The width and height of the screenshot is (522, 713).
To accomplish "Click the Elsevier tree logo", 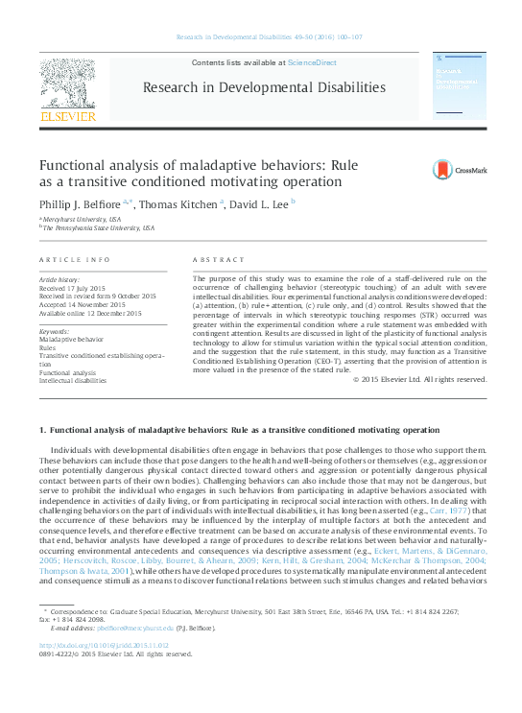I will coord(67,83).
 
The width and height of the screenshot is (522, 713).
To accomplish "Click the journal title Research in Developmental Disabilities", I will coord(264,88).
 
